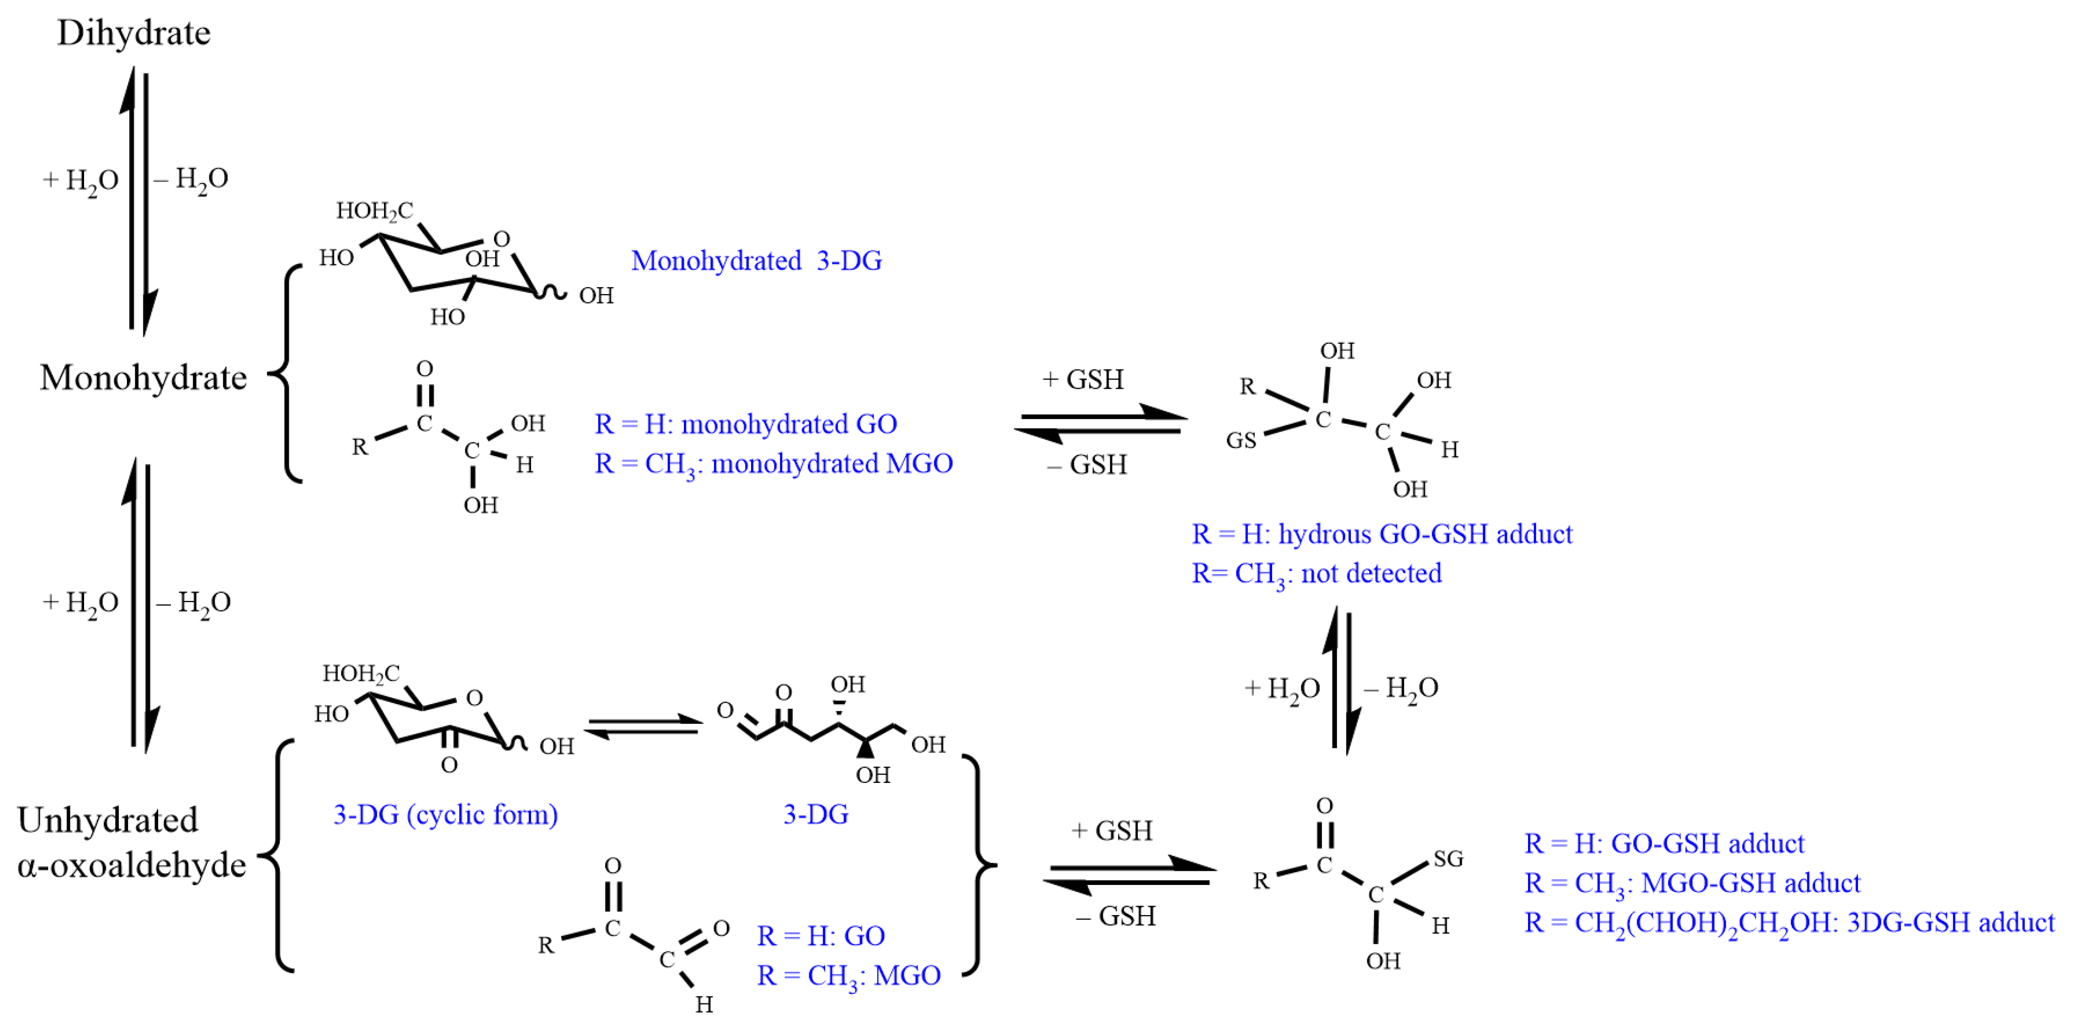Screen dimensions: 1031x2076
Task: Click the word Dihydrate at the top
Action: (134, 33)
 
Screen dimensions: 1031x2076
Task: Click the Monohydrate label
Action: (143, 377)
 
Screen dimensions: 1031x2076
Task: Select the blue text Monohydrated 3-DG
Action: (756, 260)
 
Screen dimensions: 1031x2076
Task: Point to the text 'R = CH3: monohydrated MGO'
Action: (774, 463)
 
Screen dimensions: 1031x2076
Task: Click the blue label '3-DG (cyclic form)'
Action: (446, 814)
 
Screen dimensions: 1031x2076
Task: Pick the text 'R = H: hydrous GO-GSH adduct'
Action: (1382, 534)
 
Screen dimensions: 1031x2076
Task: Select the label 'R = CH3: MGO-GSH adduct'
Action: (1693, 883)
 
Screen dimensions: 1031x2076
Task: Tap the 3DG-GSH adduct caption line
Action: (1789, 922)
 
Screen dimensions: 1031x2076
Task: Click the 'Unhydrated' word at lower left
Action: (107, 820)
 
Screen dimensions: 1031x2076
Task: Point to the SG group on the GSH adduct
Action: (1448, 859)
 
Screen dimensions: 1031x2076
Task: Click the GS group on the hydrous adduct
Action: (1241, 440)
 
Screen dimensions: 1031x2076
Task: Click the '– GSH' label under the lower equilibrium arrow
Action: (1115, 916)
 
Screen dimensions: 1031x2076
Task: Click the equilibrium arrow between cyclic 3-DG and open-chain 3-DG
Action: (642, 725)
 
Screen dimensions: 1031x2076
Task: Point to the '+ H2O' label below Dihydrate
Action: (80, 180)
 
